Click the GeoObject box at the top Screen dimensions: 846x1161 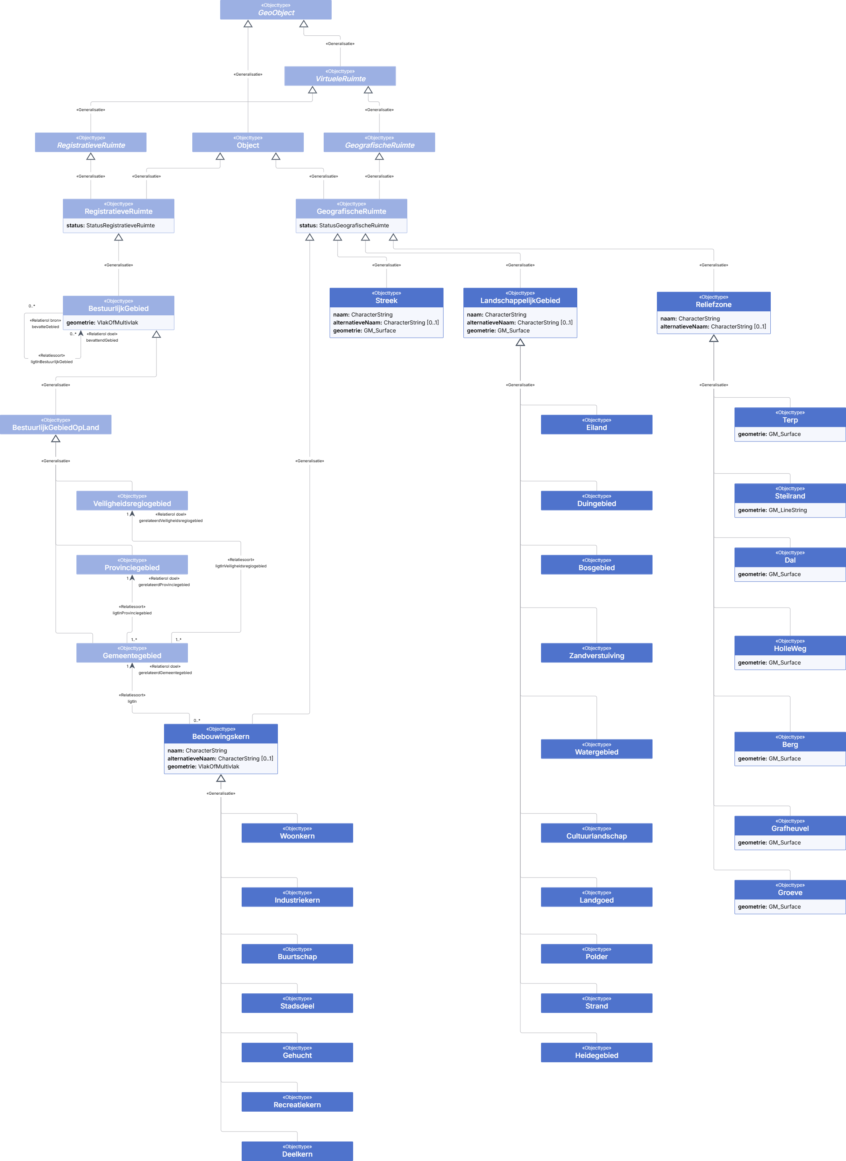275,10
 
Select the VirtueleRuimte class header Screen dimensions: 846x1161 340,76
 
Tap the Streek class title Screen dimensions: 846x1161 386,301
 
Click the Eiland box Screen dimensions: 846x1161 597,424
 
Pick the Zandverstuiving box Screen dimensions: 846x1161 597,653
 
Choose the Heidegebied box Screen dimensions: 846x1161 597,1052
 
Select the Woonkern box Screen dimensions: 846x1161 297,833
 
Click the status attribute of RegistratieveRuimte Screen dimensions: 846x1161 111,225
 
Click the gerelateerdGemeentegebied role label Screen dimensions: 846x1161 165,673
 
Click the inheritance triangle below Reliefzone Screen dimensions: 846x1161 714,338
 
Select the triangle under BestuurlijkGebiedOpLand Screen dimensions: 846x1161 56,439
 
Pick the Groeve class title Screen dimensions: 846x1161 790,893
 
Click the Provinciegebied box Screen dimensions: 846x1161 132,564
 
